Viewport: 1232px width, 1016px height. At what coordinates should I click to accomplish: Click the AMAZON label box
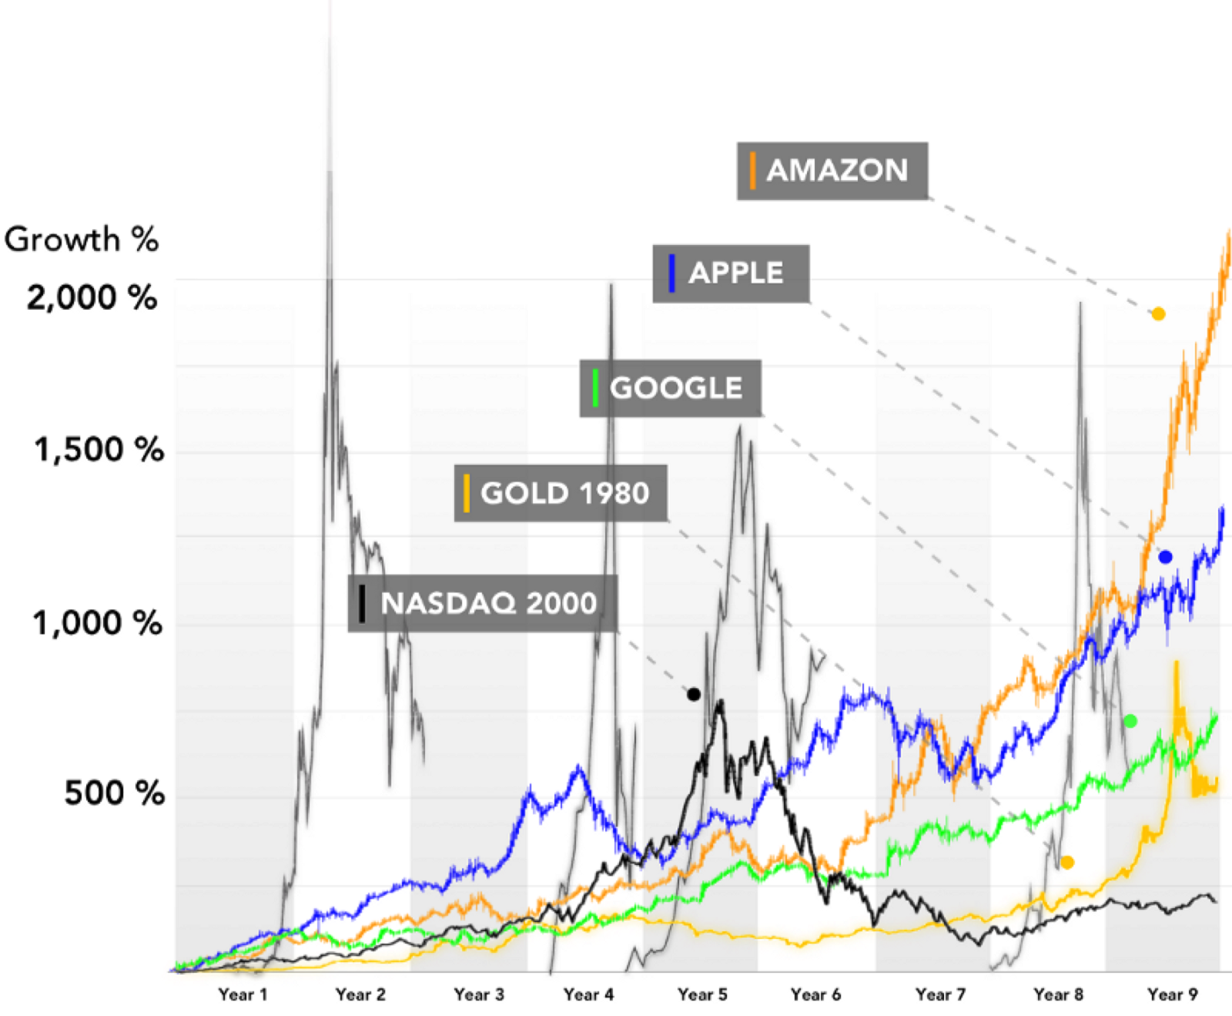[x=832, y=171]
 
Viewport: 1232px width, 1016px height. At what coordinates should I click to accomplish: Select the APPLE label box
[x=731, y=273]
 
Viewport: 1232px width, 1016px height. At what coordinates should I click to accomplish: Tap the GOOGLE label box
[x=670, y=388]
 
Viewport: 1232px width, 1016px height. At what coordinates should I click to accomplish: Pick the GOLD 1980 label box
[x=560, y=493]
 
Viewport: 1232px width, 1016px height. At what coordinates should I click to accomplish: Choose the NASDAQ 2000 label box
[x=482, y=603]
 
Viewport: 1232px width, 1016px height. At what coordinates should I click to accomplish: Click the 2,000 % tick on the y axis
[x=92, y=297]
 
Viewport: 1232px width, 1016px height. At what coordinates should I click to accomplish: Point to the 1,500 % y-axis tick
[x=99, y=449]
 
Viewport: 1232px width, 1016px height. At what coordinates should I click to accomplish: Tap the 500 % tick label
[x=114, y=793]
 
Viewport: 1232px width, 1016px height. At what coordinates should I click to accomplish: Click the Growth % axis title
[x=81, y=240]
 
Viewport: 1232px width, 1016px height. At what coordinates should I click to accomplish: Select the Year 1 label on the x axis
[x=243, y=994]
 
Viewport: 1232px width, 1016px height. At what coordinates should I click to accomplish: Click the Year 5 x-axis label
[x=702, y=994]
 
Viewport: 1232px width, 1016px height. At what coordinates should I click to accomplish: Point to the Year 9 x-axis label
[x=1172, y=994]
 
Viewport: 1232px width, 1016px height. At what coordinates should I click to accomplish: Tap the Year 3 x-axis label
[x=478, y=994]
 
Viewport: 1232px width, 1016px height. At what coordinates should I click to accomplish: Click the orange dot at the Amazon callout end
[x=1158, y=314]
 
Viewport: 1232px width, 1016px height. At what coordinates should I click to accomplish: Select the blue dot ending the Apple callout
[x=1165, y=557]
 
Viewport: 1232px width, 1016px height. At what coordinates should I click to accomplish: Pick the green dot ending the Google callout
[x=1130, y=721]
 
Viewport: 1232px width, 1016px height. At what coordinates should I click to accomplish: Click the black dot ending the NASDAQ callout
[x=694, y=695]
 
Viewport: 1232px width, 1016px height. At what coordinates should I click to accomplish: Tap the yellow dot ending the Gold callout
[x=1067, y=863]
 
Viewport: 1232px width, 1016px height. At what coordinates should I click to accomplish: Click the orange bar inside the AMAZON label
[x=752, y=171]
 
